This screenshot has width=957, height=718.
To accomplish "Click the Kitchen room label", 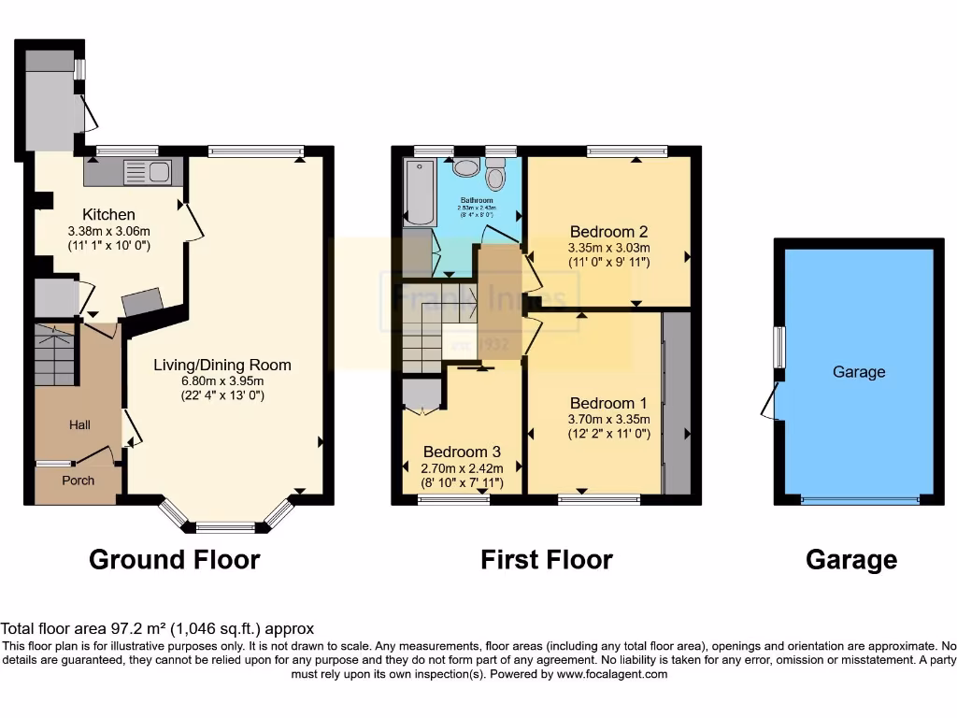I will click(x=108, y=214).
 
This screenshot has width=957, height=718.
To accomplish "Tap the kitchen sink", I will click(x=147, y=172).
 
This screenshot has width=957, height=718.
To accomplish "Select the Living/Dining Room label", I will click(x=222, y=365).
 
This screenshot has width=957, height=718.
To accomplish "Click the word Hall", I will click(x=79, y=425).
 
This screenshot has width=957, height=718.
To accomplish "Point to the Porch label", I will click(x=79, y=481).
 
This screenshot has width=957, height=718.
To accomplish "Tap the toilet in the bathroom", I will click(x=496, y=175).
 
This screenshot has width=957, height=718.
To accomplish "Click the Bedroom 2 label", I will click(x=608, y=231).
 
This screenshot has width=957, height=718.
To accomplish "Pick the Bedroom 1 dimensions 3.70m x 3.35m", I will click(x=608, y=420).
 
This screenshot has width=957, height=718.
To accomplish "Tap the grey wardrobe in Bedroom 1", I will click(x=676, y=403).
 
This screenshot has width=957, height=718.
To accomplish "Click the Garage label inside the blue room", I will click(x=858, y=372).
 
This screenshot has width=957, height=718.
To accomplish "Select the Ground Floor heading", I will click(x=174, y=559).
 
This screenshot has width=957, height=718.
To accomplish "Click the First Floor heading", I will click(x=546, y=559).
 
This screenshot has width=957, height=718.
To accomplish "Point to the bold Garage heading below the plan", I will click(x=850, y=559).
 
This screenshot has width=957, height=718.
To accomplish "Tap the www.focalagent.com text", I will click(x=612, y=673).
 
